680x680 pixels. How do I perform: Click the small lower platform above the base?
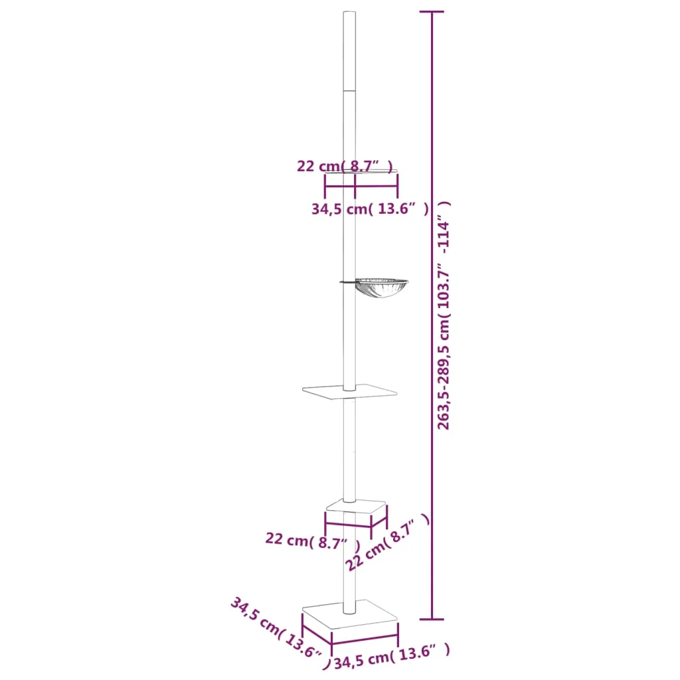[x=356, y=508]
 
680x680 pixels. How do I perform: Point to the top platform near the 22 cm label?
[x=372, y=171]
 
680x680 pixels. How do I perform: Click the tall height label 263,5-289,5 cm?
[x=444, y=315]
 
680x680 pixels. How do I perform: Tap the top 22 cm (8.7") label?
[x=345, y=166]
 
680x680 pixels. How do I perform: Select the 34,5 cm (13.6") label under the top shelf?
[x=369, y=209]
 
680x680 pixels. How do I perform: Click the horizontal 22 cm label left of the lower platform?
[x=307, y=541]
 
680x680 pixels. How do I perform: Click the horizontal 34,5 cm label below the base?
[x=391, y=659]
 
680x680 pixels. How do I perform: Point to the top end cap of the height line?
[x=432, y=12]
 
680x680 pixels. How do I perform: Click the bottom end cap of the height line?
[x=432, y=620]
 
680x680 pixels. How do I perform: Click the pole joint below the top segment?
[x=349, y=90]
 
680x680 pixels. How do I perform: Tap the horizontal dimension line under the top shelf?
[x=361, y=185]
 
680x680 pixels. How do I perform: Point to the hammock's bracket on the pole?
[x=347, y=282]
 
